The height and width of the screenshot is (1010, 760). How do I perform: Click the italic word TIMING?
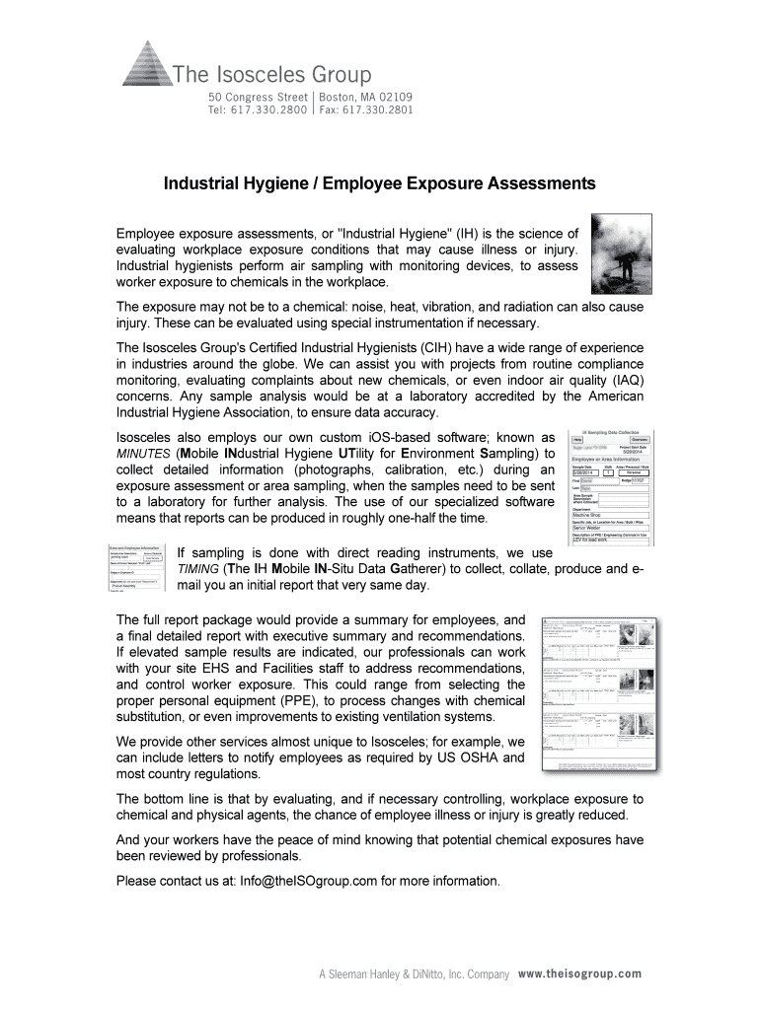point(198,570)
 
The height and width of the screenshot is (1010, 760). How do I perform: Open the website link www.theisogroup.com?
point(579,974)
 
